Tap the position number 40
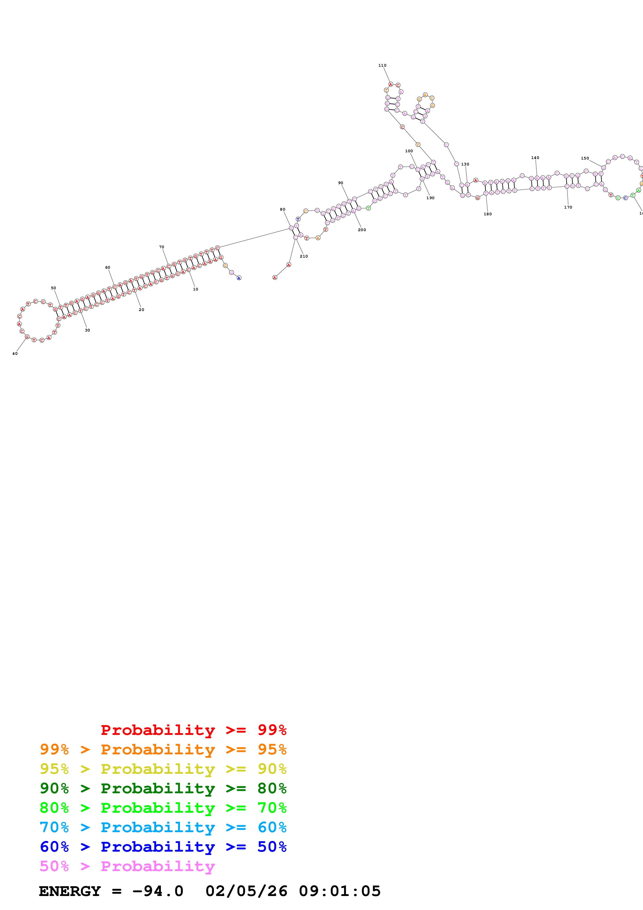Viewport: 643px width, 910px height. [x=15, y=354]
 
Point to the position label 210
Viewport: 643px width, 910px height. [x=304, y=257]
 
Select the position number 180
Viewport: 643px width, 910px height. [x=488, y=214]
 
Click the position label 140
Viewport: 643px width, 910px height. [x=535, y=158]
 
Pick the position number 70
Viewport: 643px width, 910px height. [x=162, y=247]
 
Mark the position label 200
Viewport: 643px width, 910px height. [x=362, y=230]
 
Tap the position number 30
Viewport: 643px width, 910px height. [x=88, y=330]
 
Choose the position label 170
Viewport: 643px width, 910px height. [x=568, y=207]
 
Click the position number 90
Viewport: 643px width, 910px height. [x=341, y=183]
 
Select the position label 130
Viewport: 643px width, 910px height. [x=465, y=164]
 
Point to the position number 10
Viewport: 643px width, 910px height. [x=196, y=289]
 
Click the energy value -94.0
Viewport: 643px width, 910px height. [x=158, y=891]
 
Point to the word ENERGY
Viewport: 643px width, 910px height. [x=70, y=891]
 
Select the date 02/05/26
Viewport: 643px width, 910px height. [x=246, y=891]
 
